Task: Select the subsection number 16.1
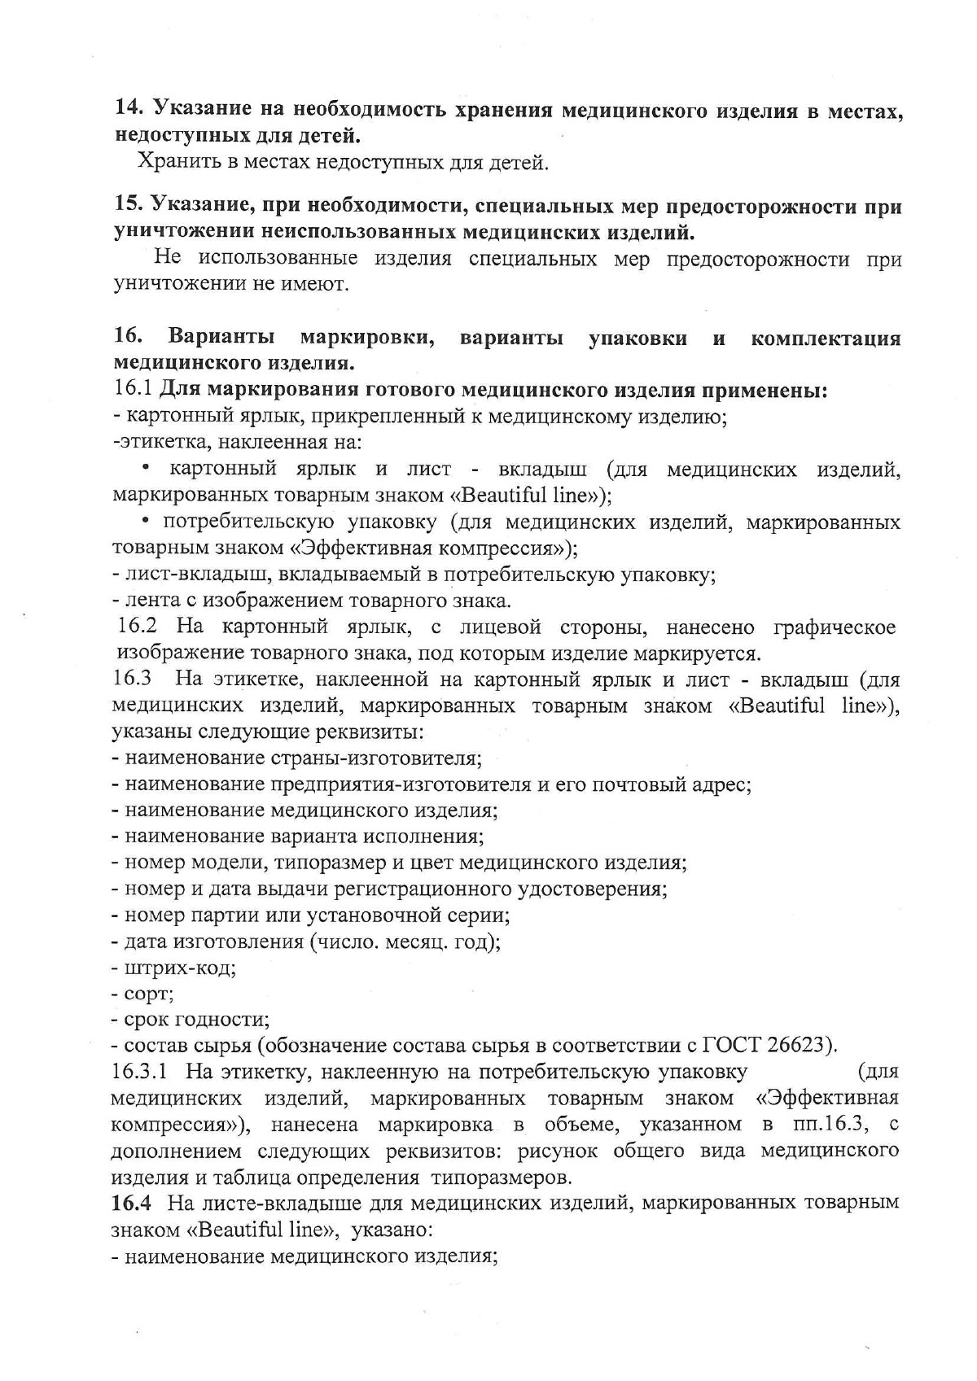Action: point(132,390)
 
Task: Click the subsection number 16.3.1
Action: point(139,1072)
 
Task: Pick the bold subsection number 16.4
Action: point(129,1203)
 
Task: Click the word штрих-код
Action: point(179,968)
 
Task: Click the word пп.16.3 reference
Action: point(827,1125)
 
